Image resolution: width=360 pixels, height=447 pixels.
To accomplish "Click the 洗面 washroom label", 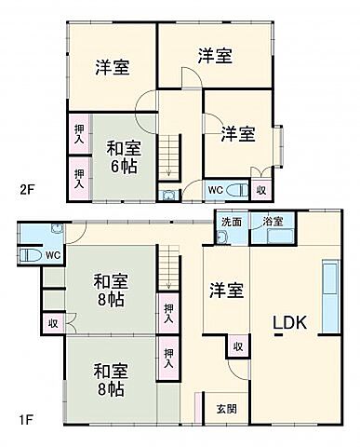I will coord(231,222).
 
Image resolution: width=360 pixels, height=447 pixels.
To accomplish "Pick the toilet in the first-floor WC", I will coord(25,254).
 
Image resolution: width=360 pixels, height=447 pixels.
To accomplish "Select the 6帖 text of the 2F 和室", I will coord(123,165).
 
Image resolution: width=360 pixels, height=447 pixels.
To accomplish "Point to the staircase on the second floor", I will coord(167,155).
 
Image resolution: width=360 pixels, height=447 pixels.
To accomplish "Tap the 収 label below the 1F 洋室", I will coord(237,346).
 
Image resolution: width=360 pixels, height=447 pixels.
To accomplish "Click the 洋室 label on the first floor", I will coord(226,289).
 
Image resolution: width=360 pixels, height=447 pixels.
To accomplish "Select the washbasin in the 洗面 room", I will coord(220,237).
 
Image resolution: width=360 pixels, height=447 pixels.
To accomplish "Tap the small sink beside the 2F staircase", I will coord(167,195).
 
